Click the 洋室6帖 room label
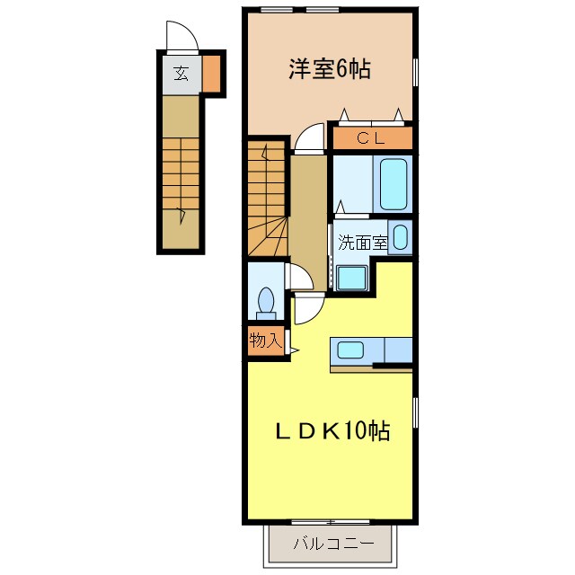pyautogui.click(x=330, y=70)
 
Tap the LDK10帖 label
pyautogui.click(x=332, y=431)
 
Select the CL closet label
pyautogui.click(x=371, y=138)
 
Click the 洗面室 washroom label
pyautogui.click(x=363, y=242)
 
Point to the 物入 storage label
pyautogui.click(x=266, y=341)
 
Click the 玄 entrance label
pyautogui.click(x=181, y=74)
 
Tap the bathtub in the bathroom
pyautogui.click(x=394, y=183)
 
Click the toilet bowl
pyautogui.click(x=266, y=300)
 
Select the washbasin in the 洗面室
pyautogui.click(x=401, y=239)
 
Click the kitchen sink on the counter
pyautogui.click(x=350, y=349)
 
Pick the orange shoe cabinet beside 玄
pyautogui.click(x=211, y=74)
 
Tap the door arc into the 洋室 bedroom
pyautogui.click(x=310, y=137)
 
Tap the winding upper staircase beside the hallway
pyautogui.click(x=266, y=198)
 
